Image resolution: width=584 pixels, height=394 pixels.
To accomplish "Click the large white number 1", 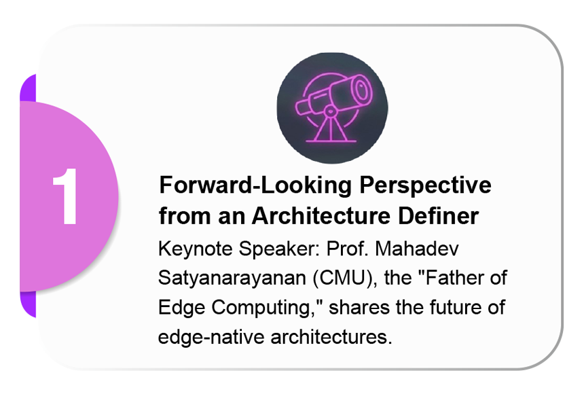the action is pos(66,196).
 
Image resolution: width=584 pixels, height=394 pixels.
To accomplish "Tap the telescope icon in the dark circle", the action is pos(332,108).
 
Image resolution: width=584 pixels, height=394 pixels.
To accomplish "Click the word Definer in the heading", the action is pos(439,216).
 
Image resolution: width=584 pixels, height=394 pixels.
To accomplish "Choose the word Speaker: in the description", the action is pos(279,249).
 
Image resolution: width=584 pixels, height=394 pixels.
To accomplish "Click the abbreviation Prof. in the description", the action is pos(347,248).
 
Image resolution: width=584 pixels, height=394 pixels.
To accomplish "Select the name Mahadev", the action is pos(417,248).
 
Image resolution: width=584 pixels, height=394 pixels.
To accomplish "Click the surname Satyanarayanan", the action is pos(232,279).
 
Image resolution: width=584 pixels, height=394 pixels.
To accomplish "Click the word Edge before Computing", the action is pos(181,308).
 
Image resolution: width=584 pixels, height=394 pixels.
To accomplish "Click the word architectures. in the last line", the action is pos(331,336).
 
